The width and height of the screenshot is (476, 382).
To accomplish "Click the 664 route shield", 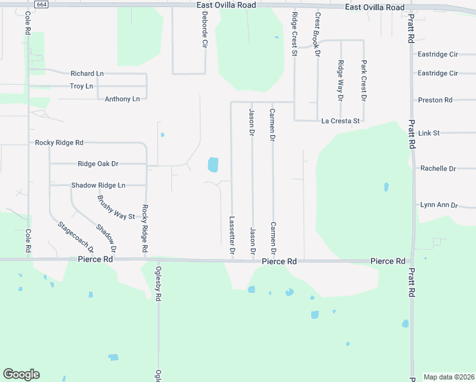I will [41, 4].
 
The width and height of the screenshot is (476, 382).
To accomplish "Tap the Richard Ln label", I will [87, 74].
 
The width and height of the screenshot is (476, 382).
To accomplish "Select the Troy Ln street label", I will [81, 86].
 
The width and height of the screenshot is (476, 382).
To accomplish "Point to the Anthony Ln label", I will [122, 99].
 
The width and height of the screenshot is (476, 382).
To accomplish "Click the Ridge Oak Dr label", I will [98, 164].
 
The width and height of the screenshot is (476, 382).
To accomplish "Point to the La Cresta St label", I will [341, 120].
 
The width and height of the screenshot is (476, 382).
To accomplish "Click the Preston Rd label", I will [435, 100].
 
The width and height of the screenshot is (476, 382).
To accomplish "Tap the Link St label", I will [430, 133].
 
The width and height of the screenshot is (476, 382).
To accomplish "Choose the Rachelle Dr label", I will [438, 169].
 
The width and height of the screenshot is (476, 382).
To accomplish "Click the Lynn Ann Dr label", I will [439, 205].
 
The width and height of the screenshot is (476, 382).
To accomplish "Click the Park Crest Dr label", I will [363, 81].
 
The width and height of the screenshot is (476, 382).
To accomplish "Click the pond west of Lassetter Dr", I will [213, 165].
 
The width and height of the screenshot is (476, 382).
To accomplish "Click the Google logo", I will [21, 374].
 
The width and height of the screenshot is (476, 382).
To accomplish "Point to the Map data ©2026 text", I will [449, 377].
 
